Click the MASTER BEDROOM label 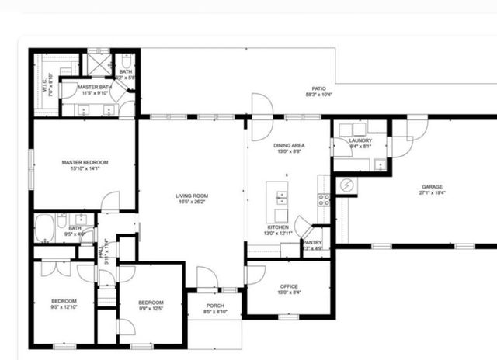pos(85,162)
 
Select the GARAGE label pos(432,187)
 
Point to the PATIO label pos(318,88)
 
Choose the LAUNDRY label pos(360,140)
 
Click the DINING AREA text pos(288,146)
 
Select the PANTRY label pos(312,242)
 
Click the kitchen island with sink pos(276,202)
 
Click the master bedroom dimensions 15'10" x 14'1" pos(85,168)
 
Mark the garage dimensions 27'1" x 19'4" pos(432,193)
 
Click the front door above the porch pos(207,278)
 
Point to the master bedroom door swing pos(110,202)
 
